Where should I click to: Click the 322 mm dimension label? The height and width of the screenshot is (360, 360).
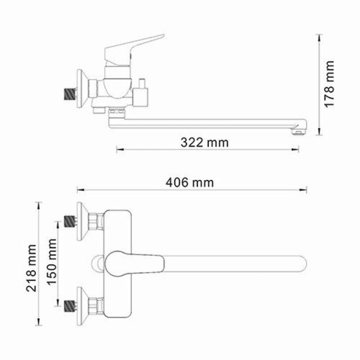[x=207, y=143]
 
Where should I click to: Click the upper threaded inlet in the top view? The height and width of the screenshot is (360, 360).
[x=70, y=220]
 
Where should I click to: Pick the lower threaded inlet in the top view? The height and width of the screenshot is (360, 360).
[x=70, y=305]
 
